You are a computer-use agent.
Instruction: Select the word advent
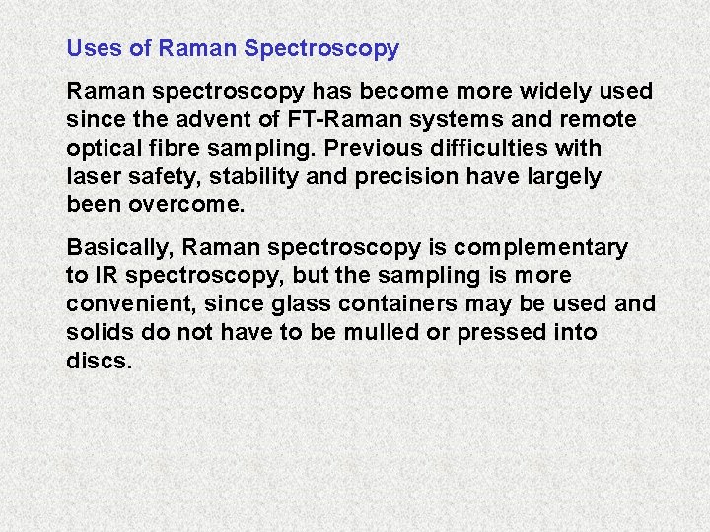point(213,120)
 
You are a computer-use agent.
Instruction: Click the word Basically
point(115,247)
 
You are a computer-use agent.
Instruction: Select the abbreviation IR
point(105,276)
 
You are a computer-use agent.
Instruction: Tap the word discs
point(99,362)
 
